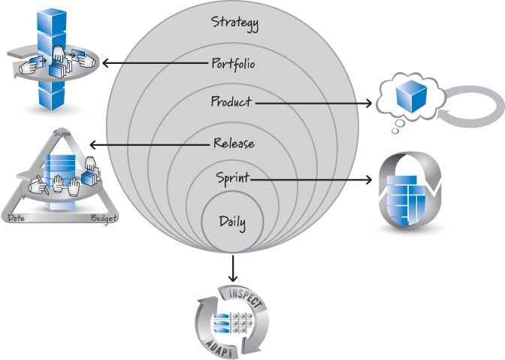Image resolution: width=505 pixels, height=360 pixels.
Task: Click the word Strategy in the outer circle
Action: pyautogui.click(x=234, y=23)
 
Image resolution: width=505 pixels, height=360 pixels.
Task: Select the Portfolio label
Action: pyautogui.click(x=233, y=64)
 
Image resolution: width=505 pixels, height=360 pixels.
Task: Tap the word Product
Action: pyautogui.click(x=231, y=101)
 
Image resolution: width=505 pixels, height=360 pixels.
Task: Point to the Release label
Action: pyautogui.click(x=234, y=143)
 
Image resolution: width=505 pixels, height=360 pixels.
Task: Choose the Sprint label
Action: pyautogui.click(x=232, y=178)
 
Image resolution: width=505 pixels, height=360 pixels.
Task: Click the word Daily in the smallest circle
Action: pyautogui.click(x=232, y=222)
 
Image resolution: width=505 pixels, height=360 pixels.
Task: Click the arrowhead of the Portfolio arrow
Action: pyautogui.click(x=106, y=63)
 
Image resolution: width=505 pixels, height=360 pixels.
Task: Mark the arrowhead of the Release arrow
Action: pyautogui.click(x=92, y=145)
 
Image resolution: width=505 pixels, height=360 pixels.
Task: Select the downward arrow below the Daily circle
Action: pyautogui.click(x=232, y=268)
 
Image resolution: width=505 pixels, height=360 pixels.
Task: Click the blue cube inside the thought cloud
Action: pyautogui.click(x=412, y=97)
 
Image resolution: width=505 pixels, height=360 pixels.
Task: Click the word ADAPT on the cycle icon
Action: pyautogui.click(x=219, y=348)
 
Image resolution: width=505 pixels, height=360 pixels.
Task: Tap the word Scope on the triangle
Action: pyautogui.click(x=62, y=133)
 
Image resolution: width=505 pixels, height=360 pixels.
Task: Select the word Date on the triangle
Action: pyautogui.click(x=16, y=218)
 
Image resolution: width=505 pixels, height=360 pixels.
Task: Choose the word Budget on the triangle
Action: pyautogui.click(x=104, y=218)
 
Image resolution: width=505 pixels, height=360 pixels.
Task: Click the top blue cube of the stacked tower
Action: pyautogui.click(x=52, y=20)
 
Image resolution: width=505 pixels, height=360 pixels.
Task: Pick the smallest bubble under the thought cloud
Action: pyautogui.click(x=395, y=131)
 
